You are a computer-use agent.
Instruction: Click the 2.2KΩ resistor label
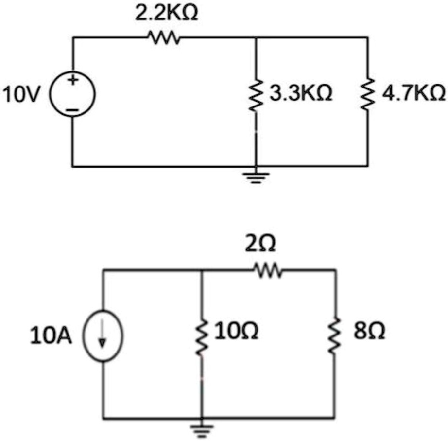click(x=166, y=13)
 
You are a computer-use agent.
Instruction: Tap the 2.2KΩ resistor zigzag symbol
click(x=163, y=37)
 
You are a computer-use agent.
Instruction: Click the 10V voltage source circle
click(x=72, y=94)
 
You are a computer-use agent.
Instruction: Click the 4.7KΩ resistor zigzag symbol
click(x=367, y=94)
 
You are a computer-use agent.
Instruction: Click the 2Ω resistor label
click(x=261, y=245)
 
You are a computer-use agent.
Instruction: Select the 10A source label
click(x=51, y=337)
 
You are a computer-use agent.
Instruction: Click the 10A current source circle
click(x=103, y=336)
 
